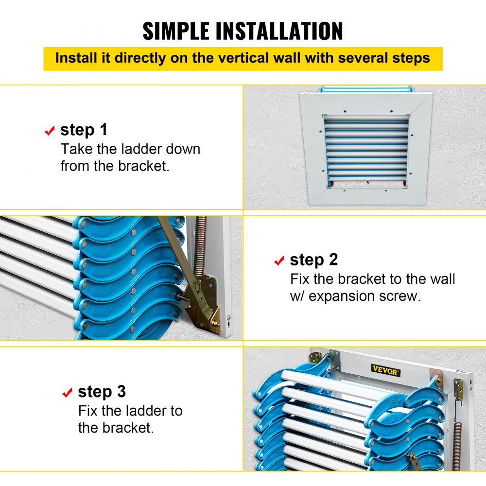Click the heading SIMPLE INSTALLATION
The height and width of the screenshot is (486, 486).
(243, 31)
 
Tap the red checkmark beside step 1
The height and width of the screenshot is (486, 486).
(49, 131)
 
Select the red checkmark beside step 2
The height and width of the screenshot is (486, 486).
(279, 261)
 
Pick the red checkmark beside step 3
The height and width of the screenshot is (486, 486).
(67, 393)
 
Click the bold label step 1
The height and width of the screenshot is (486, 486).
(84, 130)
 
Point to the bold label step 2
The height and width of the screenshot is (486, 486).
(313, 260)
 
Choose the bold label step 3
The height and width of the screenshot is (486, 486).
(102, 392)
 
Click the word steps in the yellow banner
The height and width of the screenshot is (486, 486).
(411, 58)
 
